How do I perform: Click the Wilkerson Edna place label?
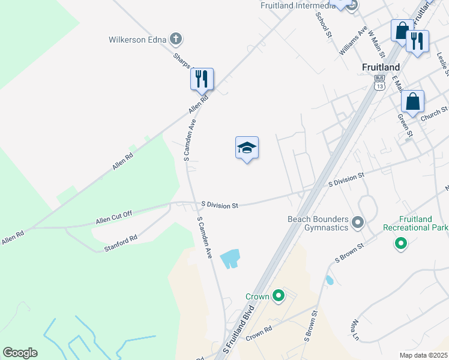(x=137, y=40)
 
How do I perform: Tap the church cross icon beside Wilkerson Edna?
(x=175, y=40)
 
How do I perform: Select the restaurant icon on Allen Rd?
(x=202, y=79)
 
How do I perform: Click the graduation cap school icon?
(x=246, y=148)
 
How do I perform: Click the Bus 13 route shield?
(x=379, y=82)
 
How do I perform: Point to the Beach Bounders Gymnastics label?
(x=317, y=224)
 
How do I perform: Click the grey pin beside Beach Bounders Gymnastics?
(x=358, y=224)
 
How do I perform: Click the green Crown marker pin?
(x=278, y=296)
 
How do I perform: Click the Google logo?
(x=20, y=353)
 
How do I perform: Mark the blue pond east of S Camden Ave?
(x=231, y=259)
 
